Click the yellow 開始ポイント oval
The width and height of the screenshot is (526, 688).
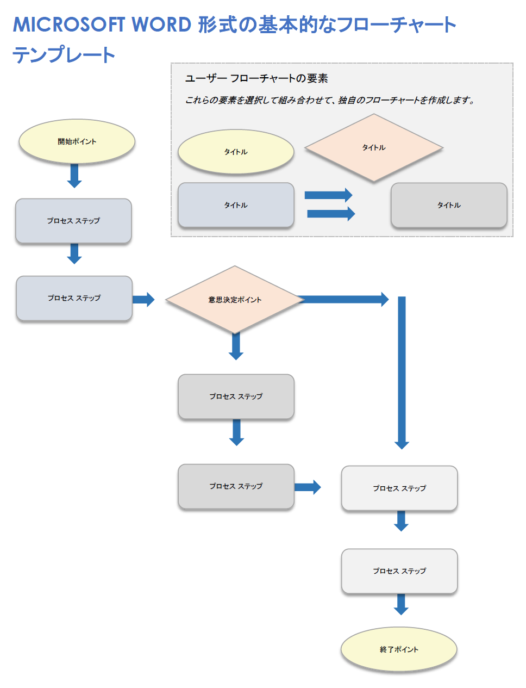click(x=77, y=141)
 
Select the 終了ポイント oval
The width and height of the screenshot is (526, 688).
click(x=399, y=649)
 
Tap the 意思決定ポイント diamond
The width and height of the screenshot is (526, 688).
click(x=235, y=300)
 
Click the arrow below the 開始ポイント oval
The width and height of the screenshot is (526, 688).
click(x=74, y=176)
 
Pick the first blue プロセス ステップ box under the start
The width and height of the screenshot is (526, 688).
click(x=73, y=221)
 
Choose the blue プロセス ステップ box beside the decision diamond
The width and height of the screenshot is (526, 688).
click(x=74, y=298)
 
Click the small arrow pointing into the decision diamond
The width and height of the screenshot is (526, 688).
click(x=143, y=299)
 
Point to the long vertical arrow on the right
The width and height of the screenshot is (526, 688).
click(x=402, y=373)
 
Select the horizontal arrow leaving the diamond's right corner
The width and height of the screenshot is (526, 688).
click(x=345, y=299)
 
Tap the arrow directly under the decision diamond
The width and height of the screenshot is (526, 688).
click(x=236, y=346)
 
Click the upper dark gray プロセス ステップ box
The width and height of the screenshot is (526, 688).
click(x=236, y=396)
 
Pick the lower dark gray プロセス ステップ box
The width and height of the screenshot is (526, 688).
click(x=236, y=486)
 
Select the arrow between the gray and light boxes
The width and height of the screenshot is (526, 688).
click(x=308, y=487)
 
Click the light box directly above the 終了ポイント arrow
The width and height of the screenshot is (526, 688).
click(x=399, y=571)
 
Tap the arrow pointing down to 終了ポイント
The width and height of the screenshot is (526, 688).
click(x=401, y=604)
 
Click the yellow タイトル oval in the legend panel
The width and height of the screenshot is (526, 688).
click(x=236, y=152)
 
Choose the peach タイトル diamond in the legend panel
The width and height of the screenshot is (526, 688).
click(x=374, y=147)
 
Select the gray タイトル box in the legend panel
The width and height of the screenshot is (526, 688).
click(x=449, y=205)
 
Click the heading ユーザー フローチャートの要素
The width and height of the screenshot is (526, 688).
click(x=256, y=78)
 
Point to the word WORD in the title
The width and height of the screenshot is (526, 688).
click(x=161, y=25)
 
